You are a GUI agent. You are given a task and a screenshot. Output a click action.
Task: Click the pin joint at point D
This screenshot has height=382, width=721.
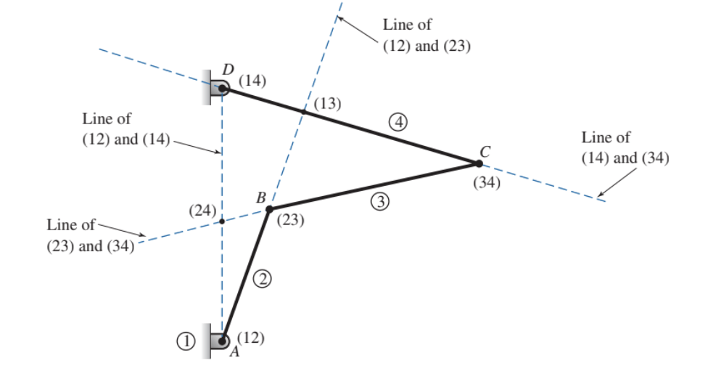tap(222, 89)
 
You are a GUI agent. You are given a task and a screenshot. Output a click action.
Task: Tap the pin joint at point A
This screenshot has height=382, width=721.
tap(223, 340)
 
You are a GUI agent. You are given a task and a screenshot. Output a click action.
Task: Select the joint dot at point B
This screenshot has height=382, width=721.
tap(269, 209)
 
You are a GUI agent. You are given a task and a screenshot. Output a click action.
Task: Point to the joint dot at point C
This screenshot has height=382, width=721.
tap(479, 163)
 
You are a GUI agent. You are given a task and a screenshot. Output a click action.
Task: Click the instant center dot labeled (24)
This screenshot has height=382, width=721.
tap(222, 221)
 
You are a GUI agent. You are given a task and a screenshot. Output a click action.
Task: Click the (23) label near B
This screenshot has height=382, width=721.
tap(290, 220)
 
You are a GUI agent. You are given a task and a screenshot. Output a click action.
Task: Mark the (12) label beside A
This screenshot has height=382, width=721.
tap(250, 337)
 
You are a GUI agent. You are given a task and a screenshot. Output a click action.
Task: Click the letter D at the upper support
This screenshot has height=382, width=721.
tap(228, 70)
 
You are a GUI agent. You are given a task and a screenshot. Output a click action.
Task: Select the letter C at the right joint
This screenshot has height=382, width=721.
tap(485, 151)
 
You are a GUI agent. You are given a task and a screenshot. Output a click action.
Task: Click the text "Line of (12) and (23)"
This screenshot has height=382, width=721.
tap(427, 36)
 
